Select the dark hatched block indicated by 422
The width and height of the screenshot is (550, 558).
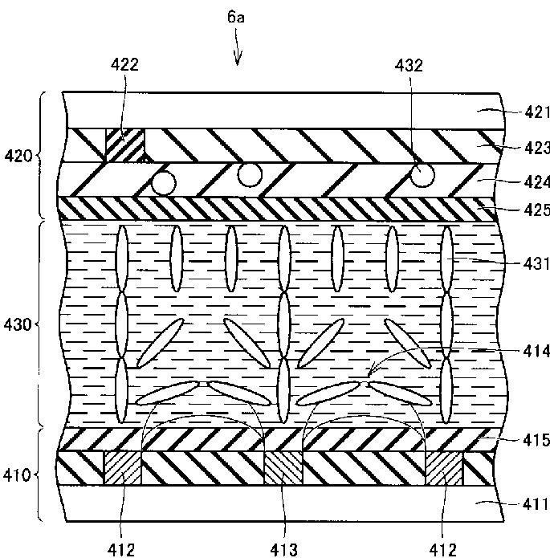coord(125,145)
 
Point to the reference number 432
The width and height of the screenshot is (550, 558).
coord(408,66)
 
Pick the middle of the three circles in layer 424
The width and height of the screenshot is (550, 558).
coord(250,173)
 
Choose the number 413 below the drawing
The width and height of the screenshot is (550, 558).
coord(283,549)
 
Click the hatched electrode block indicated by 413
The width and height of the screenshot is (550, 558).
coord(283,468)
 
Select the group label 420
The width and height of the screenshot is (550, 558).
coord(17,155)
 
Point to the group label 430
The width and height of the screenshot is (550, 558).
coord(17,325)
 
